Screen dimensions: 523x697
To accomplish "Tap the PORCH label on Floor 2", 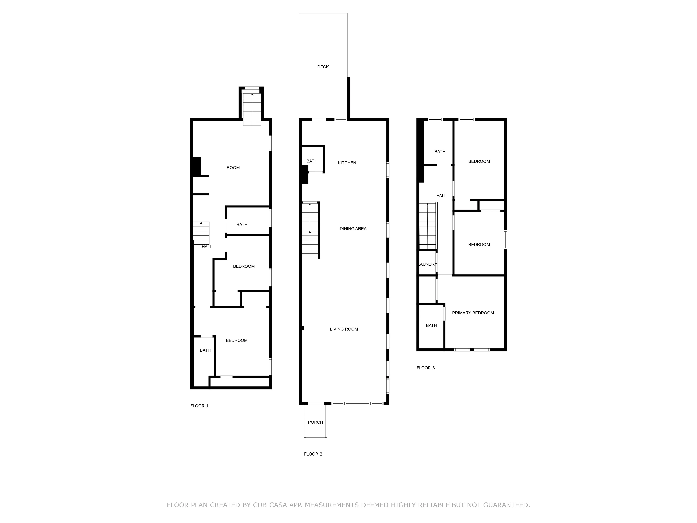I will tap(315, 422).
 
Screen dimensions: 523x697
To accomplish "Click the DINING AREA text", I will tap(353, 229).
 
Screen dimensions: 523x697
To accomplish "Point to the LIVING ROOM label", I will tap(344, 329).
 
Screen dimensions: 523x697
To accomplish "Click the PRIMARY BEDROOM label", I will tap(473, 313).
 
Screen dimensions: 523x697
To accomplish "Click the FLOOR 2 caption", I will tap(313, 454).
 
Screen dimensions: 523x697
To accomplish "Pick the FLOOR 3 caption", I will tap(425, 368).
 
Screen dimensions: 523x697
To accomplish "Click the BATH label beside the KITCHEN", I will tap(312, 161).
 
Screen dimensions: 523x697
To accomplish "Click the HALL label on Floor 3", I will tap(441, 196).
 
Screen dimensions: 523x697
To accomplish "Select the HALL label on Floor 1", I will tap(207, 247).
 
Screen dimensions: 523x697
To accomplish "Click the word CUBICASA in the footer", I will tap(270, 505).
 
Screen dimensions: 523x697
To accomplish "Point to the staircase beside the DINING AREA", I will tap(310, 229).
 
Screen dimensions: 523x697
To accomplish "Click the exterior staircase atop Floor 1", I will tap(252, 109).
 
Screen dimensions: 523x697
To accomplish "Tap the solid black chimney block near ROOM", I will tap(196, 166).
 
